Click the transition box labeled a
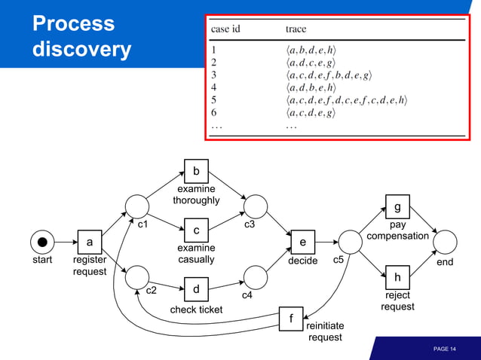(x=90, y=242)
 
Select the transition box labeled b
(x=196, y=171)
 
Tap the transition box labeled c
(x=196, y=230)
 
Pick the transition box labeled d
(x=196, y=289)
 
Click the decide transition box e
(x=302, y=242)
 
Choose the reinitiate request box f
(x=291, y=318)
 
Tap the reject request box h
(x=397, y=277)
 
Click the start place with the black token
(x=42, y=242)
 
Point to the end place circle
(x=445, y=242)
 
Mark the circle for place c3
(x=256, y=206)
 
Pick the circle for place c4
(x=256, y=276)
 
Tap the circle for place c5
(x=350, y=242)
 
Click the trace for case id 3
(x=328, y=75)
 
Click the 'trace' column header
(x=296, y=29)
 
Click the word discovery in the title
(x=81, y=50)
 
